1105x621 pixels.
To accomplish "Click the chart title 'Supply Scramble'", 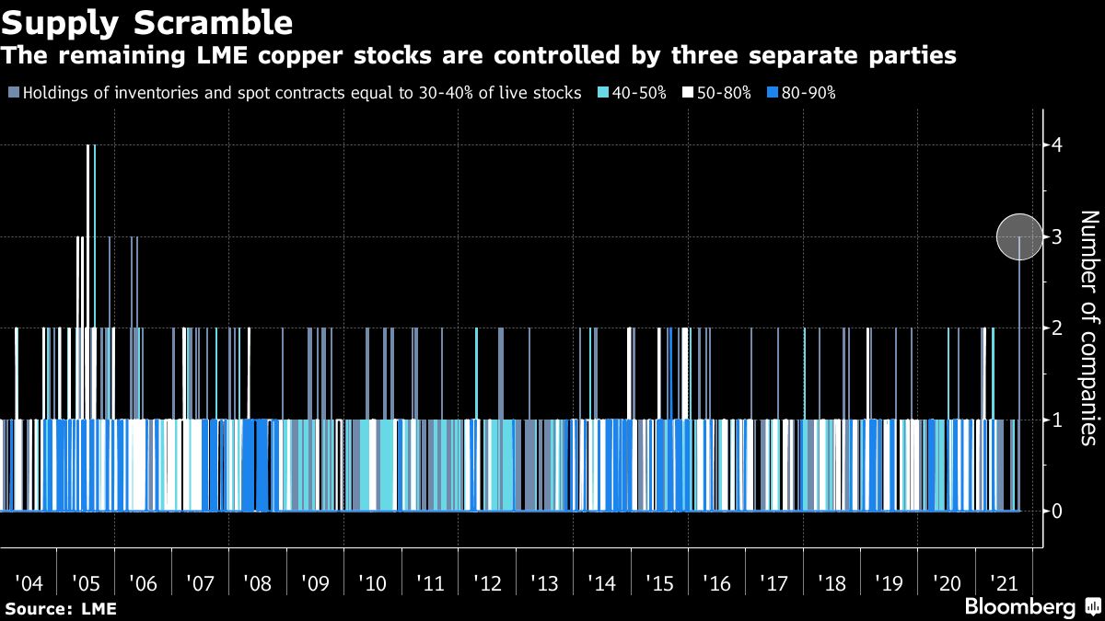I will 148,20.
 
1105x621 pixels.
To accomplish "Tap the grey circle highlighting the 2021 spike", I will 1020,236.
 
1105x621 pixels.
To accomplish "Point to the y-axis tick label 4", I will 1058,145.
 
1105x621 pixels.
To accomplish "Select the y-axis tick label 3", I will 1058,237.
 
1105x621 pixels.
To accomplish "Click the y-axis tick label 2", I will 1058,328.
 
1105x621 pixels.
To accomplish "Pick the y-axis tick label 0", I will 1058,511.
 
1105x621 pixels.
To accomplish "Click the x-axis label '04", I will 29,583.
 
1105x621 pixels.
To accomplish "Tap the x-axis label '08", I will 257,583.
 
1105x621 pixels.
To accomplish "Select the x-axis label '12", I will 486,583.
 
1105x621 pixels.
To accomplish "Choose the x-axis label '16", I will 715,583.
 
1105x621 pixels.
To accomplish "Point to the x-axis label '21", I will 1002,583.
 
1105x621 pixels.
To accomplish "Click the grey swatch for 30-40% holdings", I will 13,93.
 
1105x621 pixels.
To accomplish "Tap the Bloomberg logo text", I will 1019,607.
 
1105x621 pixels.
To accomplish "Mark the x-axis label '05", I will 86,583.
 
